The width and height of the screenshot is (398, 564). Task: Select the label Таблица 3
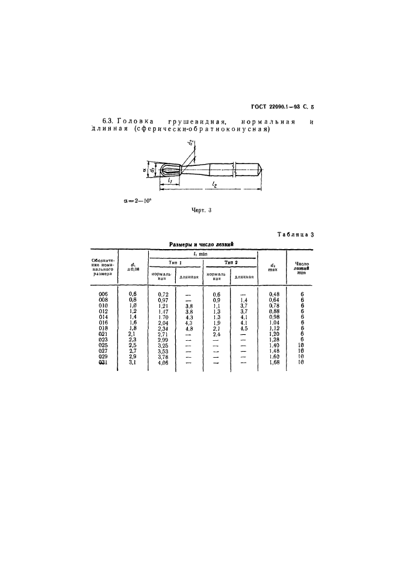point(295,234)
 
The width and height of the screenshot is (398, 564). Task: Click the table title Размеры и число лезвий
point(199,244)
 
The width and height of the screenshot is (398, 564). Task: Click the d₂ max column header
point(273,267)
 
